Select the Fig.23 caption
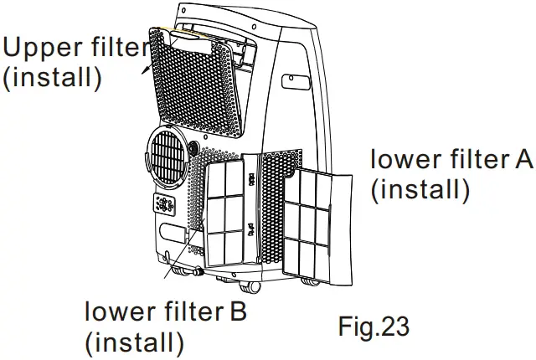pos(374,327)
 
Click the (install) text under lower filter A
pos(419,189)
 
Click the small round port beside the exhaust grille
pos(194,147)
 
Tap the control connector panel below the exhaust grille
pos(165,206)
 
